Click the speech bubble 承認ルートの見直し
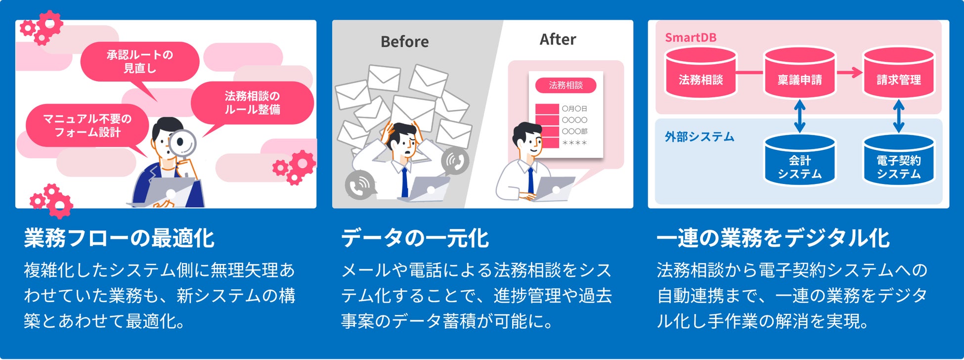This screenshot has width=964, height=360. pyautogui.click(x=140, y=61)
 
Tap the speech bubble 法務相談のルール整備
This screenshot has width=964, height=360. pyautogui.click(x=252, y=103)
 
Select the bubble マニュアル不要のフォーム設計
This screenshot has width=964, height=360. pyautogui.click(x=88, y=126)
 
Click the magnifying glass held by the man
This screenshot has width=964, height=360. pyautogui.click(x=182, y=143)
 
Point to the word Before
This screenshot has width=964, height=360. pyautogui.click(x=404, y=42)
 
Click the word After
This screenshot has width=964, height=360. pyautogui.click(x=558, y=40)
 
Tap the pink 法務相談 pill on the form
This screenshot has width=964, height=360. pyautogui.click(x=566, y=85)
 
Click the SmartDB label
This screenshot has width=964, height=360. pyautogui.click(x=690, y=38)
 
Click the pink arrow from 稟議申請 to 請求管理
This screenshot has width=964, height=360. pyautogui.click(x=849, y=73)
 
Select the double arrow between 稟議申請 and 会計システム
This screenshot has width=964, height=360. pyautogui.click(x=799, y=116)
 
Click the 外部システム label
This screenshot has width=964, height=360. pyautogui.click(x=699, y=137)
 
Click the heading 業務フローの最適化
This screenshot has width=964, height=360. pyautogui.click(x=119, y=238)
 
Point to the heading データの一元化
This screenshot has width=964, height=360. pyautogui.click(x=415, y=238)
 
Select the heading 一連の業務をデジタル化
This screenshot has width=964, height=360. pyautogui.click(x=773, y=238)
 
